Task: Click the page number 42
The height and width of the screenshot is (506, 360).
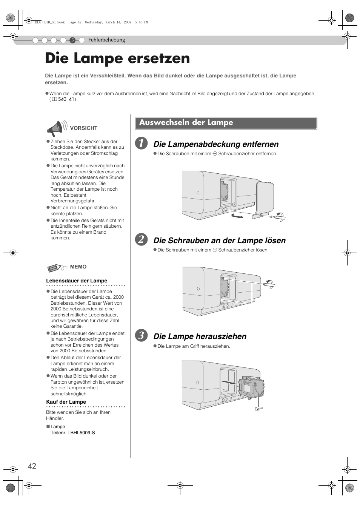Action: click(32, 466)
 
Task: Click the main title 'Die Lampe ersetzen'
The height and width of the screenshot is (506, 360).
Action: click(117, 59)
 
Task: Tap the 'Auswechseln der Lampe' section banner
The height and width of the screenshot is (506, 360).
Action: click(226, 123)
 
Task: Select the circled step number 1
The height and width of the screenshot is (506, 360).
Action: click(141, 143)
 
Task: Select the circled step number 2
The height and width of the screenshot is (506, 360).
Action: click(141, 240)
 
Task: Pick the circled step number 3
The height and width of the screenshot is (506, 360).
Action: click(141, 336)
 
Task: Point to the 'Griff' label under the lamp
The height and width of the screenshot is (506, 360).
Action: click(258, 409)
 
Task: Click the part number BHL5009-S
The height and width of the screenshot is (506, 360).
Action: click(83, 433)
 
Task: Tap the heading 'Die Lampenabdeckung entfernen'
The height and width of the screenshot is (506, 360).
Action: click(216, 144)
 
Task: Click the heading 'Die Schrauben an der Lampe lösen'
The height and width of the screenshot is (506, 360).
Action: click(219, 241)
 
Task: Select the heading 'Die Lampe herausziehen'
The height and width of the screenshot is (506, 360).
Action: click(200, 336)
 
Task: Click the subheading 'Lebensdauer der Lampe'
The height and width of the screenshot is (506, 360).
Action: click(77, 281)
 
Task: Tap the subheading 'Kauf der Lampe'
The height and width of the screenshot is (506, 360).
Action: click(66, 402)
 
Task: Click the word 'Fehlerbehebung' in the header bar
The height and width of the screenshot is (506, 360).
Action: click(106, 40)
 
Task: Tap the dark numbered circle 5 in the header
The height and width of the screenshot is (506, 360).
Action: click(72, 40)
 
